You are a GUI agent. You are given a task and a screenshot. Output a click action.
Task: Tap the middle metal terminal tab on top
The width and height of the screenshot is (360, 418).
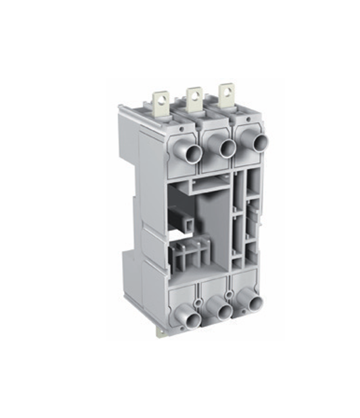(194, 97)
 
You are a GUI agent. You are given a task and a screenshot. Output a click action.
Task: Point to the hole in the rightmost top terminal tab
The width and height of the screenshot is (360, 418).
(226, 90)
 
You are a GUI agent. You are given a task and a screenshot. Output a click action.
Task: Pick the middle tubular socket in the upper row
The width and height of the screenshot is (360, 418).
(225, 148)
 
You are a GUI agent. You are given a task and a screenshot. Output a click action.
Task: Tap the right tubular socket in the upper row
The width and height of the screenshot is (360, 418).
(259, 143)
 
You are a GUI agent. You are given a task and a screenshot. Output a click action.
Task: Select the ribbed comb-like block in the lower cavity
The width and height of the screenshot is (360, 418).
(188, 257)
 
